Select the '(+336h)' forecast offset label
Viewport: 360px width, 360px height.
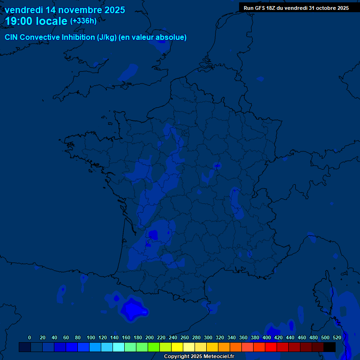[83, 21]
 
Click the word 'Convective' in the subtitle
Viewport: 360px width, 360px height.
[40, 37]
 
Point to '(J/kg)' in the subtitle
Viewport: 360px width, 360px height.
[106, 37]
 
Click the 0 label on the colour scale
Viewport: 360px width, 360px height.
[30, 337]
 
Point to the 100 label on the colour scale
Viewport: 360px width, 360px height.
[91, 337]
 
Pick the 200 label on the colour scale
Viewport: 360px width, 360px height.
[150, 337]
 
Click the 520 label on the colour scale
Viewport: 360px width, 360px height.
[337, 337]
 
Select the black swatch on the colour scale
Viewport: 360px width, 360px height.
[330, 347]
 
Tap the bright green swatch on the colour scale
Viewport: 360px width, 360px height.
[154, 347]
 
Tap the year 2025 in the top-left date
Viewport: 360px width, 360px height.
[112, 10]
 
